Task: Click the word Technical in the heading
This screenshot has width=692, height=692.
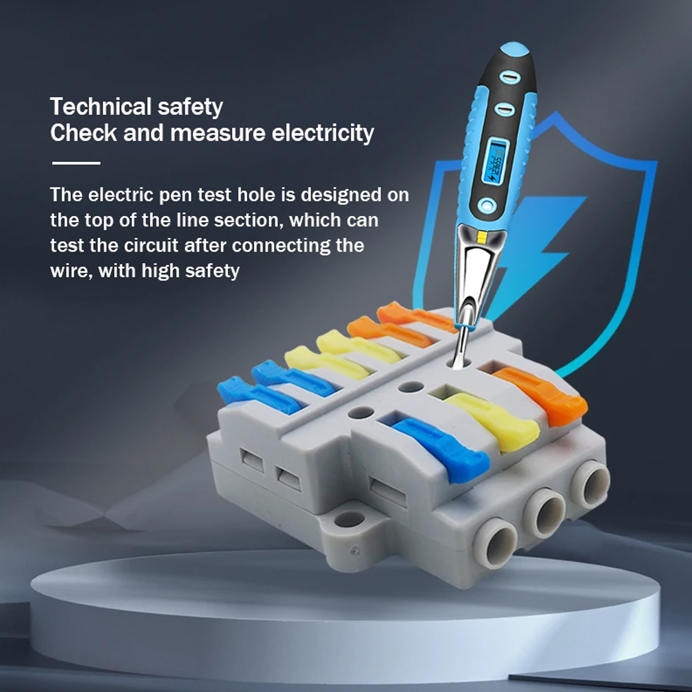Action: [x=100, y=107]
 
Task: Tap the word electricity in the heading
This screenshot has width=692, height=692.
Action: [x=322, y=133]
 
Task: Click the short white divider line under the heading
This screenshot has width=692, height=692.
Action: [x=76, y=163]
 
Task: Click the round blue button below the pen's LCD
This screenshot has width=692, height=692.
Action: [x=487, y=205]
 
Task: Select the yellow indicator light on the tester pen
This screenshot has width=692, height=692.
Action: [x=482, y=236]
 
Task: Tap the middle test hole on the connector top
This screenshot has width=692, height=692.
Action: [x=412, y=387]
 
